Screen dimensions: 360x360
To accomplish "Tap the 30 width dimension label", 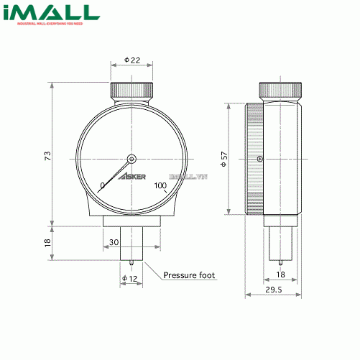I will pos(114,242).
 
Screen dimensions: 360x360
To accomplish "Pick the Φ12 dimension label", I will pos(129,278).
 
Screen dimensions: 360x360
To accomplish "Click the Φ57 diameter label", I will pos(223,159).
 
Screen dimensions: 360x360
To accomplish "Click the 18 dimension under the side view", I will pos(281,274).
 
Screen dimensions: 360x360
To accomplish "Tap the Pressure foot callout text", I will pos(189,275).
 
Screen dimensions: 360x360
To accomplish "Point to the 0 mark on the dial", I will pos(103,185).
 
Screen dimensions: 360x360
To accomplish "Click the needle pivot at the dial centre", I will pos(131,160).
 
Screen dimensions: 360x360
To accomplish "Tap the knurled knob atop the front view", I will pos(131,92).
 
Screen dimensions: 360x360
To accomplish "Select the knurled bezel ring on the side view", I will pos(252,159).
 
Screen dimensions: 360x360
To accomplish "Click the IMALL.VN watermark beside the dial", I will pos(187,176).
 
